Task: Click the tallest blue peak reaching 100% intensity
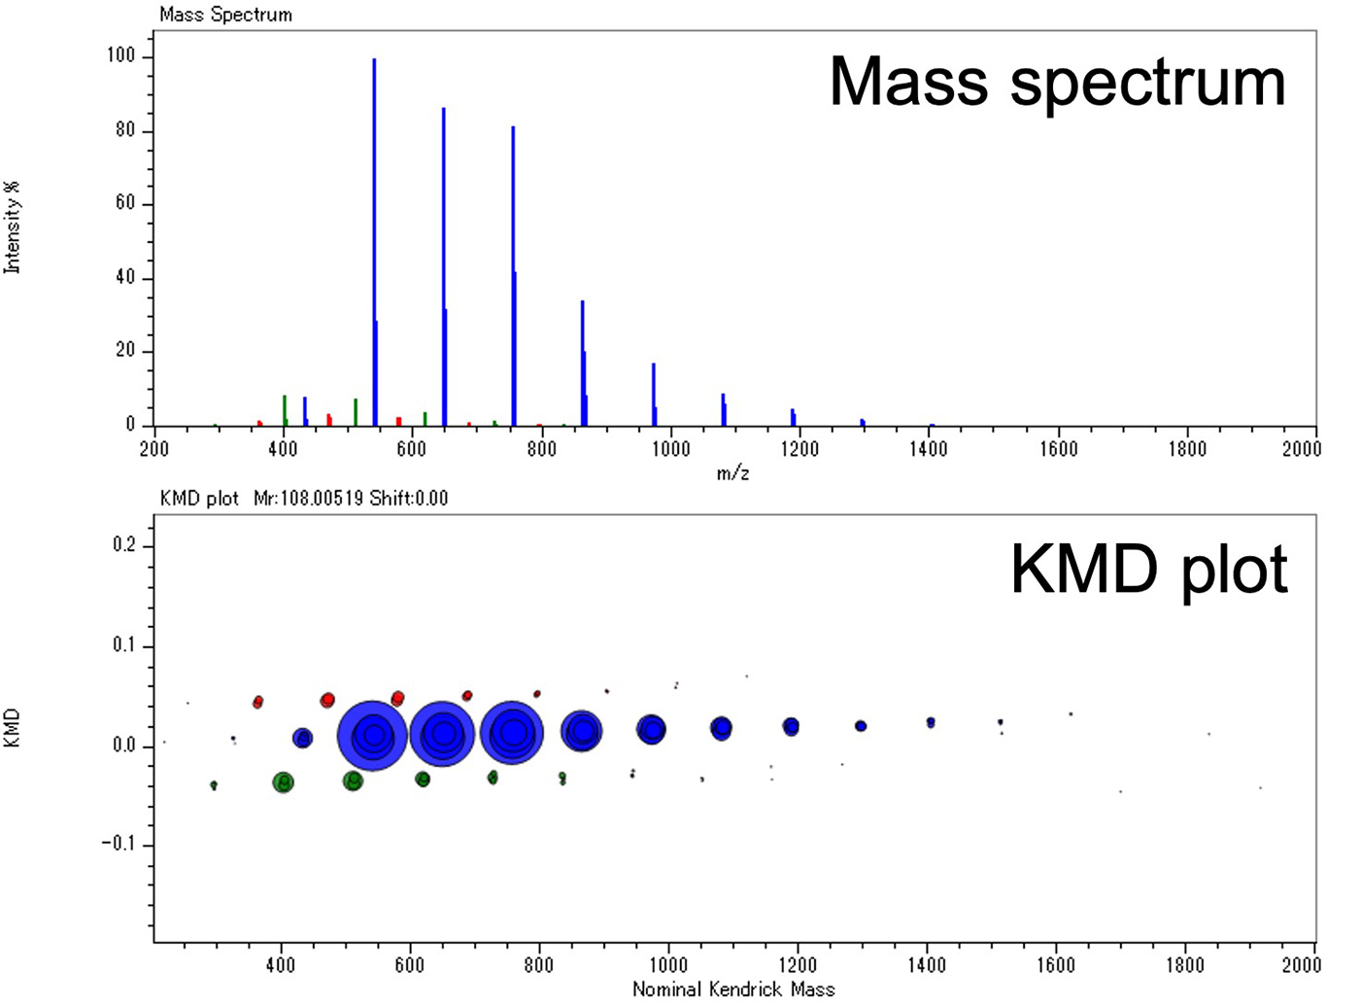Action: coord(374,243)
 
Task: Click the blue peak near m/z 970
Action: coord(654,394)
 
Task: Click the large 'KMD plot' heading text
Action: coord(1148,570)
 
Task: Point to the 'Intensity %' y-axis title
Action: coord(12,228)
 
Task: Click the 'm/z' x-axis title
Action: coord(732,474)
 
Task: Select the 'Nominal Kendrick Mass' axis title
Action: coord(732,989)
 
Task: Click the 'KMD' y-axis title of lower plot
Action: coord(12,728)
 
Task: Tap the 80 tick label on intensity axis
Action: coord(124,131)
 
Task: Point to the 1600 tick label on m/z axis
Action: coord(1058,449)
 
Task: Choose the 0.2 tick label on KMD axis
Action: coord(125,546)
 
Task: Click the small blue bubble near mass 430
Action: coord(303,738)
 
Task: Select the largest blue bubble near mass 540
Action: coord(373,735)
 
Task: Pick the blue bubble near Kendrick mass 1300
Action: coord(861,726)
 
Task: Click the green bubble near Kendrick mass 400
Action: coord(283,781)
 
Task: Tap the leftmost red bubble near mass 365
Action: coord(258,702)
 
